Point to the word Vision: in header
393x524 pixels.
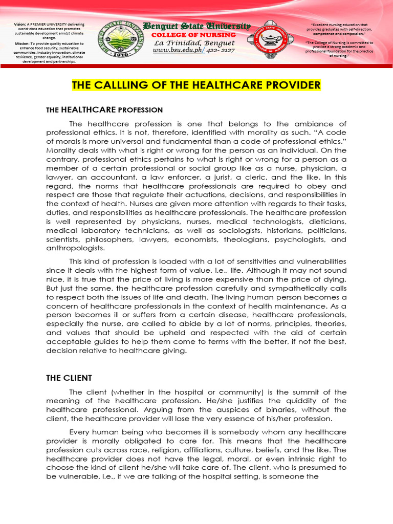(x=20, y=24)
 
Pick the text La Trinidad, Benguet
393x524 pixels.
(x=194, y=43)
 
